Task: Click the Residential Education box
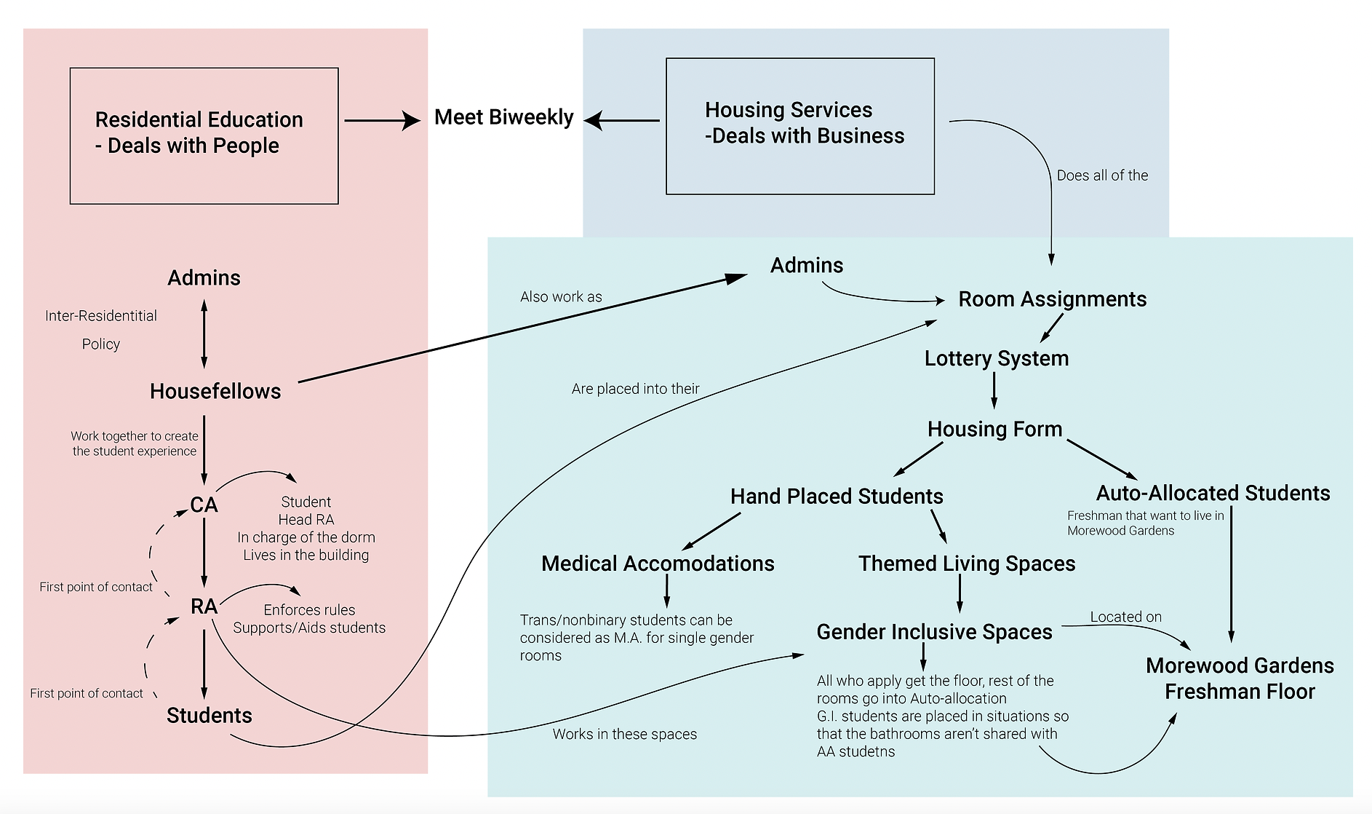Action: tap(204, 135)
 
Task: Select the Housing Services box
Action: tap(799, 126)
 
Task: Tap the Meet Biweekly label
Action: tap(503, 117)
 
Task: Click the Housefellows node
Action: tap(215, 392)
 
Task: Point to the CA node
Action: tap(204, 505)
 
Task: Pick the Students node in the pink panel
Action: tap(209, 716)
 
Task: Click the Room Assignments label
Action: tap(1052, 299)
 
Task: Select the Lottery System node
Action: tap(996, 358)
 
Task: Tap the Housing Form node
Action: tap(994, 429)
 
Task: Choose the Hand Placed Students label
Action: tap(837, 497)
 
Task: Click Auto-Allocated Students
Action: tap(1213, 494)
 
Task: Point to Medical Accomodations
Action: tap(658, 564)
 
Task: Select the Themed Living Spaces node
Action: tap(966, 564)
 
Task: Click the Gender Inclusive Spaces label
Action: tap(934, 632)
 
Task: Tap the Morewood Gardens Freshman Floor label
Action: tap(1240, 679)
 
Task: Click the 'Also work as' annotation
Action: tap(561, 297)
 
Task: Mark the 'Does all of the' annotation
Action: tap(1102, 175)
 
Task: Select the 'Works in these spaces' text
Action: tap(624, 734)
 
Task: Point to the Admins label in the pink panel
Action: tap(204, 278)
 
